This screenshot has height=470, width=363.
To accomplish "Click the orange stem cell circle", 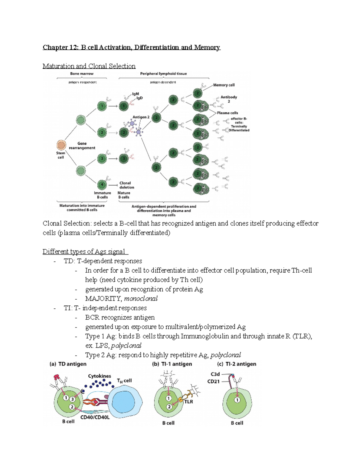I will [x=61, y=145].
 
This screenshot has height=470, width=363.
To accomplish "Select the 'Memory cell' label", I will [x=224, y=85].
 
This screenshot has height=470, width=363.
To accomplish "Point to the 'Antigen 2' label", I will [x=141, y=117].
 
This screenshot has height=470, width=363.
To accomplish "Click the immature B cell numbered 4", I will [x=102, y=184].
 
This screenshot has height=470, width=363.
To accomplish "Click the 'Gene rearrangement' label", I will [x=82, y=146].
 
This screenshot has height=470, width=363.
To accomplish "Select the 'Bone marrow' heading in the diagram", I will [x=82, y=74].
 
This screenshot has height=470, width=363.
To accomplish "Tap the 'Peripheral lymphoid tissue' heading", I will [x=163, y=74].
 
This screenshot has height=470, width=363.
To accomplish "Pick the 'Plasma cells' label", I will [x=227, y=113].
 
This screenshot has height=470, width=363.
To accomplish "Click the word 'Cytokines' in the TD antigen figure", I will [x=100, y=376].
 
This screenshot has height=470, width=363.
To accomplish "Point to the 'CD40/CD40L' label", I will [x=95, y=417].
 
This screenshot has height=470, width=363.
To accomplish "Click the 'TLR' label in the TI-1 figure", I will [x=188, y=402].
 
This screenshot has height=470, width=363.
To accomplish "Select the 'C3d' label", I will [x=215, y=374].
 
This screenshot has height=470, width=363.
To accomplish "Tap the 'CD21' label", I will [x=213, y=381].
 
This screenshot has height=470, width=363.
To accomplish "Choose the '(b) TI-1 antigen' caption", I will [x=172, y=364].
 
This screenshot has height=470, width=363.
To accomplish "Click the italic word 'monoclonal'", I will [x=141, y=298].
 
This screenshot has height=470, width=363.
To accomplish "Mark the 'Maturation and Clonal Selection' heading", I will [x=89, y=66].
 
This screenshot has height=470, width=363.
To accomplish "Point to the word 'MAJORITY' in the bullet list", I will [x=103, y=298].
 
